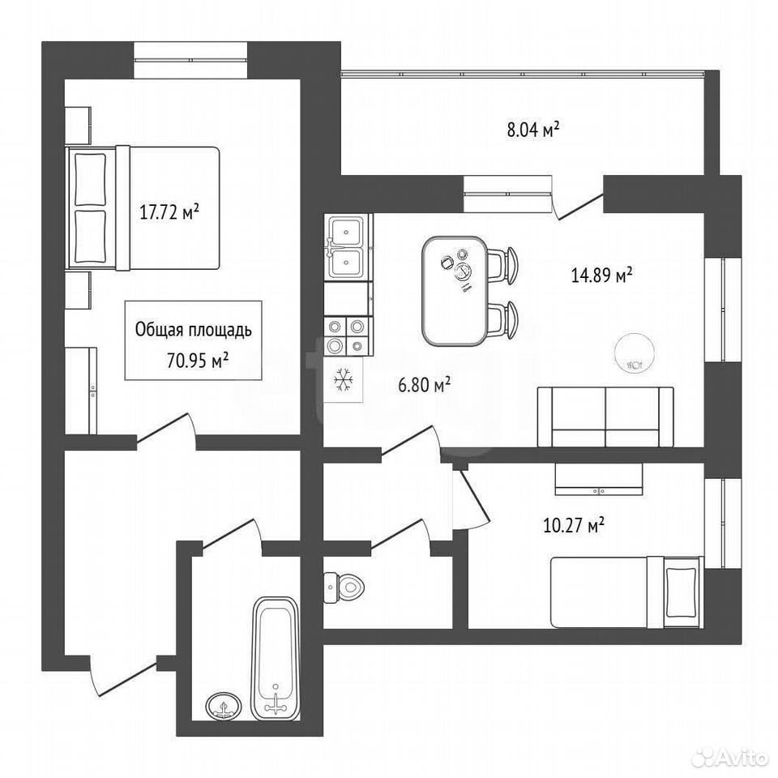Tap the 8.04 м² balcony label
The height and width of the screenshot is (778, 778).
pyautogui.click(x=533, y=129)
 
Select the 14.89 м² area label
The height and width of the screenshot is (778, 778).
pyautogui.click(x=602, y=275)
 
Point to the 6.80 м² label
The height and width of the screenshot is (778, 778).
pyautogui.click(x=425, y=384)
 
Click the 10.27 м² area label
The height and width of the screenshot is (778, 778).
pyautogui.click(x=574, y=524)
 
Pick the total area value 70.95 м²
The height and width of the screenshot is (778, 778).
pyautogui.click(x=198, y=360)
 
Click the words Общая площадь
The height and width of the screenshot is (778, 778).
pyautogui.click(x=194, y=330)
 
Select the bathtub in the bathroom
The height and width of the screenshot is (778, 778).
pyautogui.click(x=276, y=658)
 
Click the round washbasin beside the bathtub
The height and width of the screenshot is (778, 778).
pyautogui.click(x=224, y=706)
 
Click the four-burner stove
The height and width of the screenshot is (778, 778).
pyautogui.click(x=348, y=336)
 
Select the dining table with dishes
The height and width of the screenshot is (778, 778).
pyautogui.click(x=455, y=291)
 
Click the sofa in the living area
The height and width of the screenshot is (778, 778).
pyautogui.click(x=606, y=417)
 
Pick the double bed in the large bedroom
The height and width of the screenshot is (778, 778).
pyautogui.click(x=143, y=208)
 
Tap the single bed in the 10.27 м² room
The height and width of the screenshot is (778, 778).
pyautogui.click(x=627, y=592)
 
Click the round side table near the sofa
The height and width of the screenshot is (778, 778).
pyautogui.click(x=635, y=353)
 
